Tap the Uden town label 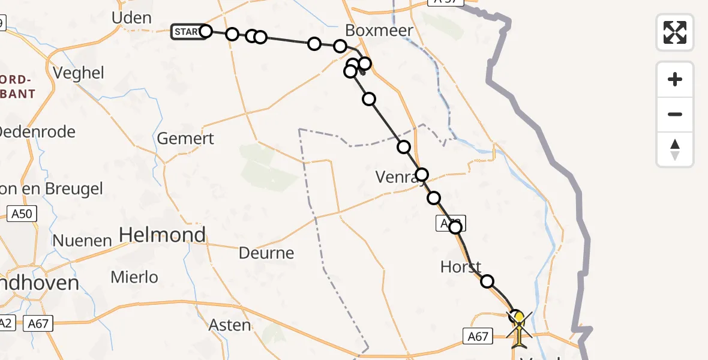click(x=131, y=18)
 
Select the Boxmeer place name click(x=379, y=31)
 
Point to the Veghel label click(x=79, y=73)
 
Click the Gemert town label click(x=185, y=139)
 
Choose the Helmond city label click(x=163, y=235)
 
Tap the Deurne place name click(x=266, y=253)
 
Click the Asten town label click(x=230, y=325)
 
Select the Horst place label click(x=461, y=267)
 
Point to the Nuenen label click(x=82, y=241)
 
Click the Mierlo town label click(x=135, y=277)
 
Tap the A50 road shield click(x=24, y=213)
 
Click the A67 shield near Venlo click(x=478, y=337)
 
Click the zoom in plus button click(x=675, y=79)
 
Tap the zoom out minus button click(x=675, y=114)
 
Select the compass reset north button click(x=675, y=149)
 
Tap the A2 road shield click(x=5, y=323)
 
